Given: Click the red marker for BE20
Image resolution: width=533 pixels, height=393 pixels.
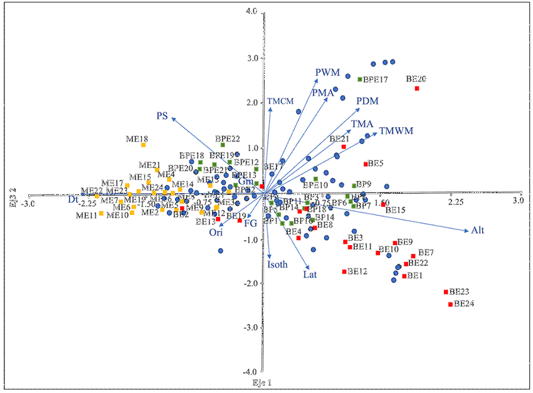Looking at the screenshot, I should (x=416, y=88).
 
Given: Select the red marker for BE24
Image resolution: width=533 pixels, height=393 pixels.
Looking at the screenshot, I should (x=450, y=305).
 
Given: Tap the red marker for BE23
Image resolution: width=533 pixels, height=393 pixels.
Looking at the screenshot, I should (x=446, y=292).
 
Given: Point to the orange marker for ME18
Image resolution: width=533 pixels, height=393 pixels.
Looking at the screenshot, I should (x=144, y=145).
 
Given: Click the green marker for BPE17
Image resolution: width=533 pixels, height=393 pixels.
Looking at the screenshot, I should (x=360, y=80).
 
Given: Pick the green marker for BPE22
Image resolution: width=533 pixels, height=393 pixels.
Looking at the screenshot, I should (x=223, y=145).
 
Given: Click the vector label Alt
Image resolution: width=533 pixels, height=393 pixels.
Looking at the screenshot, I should (x=478, y=231).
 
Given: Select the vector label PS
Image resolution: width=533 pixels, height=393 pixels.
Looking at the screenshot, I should (x=162, y=115).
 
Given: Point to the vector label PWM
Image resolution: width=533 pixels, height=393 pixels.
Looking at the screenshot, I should (x=327, y=72).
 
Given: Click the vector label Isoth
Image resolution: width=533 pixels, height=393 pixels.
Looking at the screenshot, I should (x=277, y=265).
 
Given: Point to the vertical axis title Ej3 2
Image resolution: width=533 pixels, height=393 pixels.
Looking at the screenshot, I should (x=11, y=195).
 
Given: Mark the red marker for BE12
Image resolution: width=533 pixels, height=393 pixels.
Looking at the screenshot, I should (x=344, y=271).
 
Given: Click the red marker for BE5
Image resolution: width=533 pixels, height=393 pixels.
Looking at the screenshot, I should (x=366, y=164).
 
